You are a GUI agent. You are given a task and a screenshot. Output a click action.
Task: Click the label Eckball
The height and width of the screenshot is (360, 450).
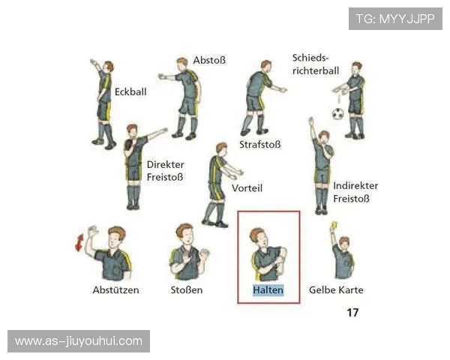tap(130, 91)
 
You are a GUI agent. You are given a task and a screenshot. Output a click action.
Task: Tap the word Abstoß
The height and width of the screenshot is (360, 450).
tap(209, 60)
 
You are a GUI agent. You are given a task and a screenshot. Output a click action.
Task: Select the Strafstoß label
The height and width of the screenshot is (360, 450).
tap(260, 145)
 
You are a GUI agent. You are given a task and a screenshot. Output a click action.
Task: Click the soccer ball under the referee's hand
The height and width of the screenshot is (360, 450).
tap(338, 114)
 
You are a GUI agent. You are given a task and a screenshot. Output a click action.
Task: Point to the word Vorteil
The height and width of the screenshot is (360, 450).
tap(247, 188)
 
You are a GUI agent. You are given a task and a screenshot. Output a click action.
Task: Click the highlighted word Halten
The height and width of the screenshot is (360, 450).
tap(268, 290)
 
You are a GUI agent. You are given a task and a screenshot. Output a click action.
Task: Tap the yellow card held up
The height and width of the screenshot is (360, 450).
tap(334, 225)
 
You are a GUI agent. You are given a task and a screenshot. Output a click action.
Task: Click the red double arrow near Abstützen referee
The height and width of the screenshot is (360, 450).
tap(79, 242)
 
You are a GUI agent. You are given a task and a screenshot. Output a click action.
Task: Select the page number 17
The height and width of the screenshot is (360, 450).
tap(352, 312)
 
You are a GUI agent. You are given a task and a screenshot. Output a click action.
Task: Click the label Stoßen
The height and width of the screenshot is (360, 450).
tap(187, 290)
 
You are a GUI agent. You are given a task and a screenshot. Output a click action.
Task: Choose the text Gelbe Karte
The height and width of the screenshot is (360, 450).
tap(336, 290)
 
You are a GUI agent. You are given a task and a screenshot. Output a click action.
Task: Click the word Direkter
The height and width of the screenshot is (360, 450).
tap(166, 165)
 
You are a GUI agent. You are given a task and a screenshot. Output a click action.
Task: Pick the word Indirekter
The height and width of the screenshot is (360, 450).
tap(355, 186)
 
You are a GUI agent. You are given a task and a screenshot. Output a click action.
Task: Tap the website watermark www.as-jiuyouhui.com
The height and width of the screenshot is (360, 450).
tap(79, 341)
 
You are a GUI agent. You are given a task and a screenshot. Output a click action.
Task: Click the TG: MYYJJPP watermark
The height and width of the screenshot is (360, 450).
tap(395, 19)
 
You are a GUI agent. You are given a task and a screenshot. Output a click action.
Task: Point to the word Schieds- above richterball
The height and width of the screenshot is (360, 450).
tap(310, 58)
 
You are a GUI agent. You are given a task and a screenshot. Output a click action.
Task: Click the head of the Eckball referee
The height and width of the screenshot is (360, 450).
tap(109, 67)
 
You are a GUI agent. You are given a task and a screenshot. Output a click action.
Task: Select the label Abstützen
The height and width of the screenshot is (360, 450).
tap(115, 290)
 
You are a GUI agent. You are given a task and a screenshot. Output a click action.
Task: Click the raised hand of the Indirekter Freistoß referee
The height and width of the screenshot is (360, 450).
tap(311, 121)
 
